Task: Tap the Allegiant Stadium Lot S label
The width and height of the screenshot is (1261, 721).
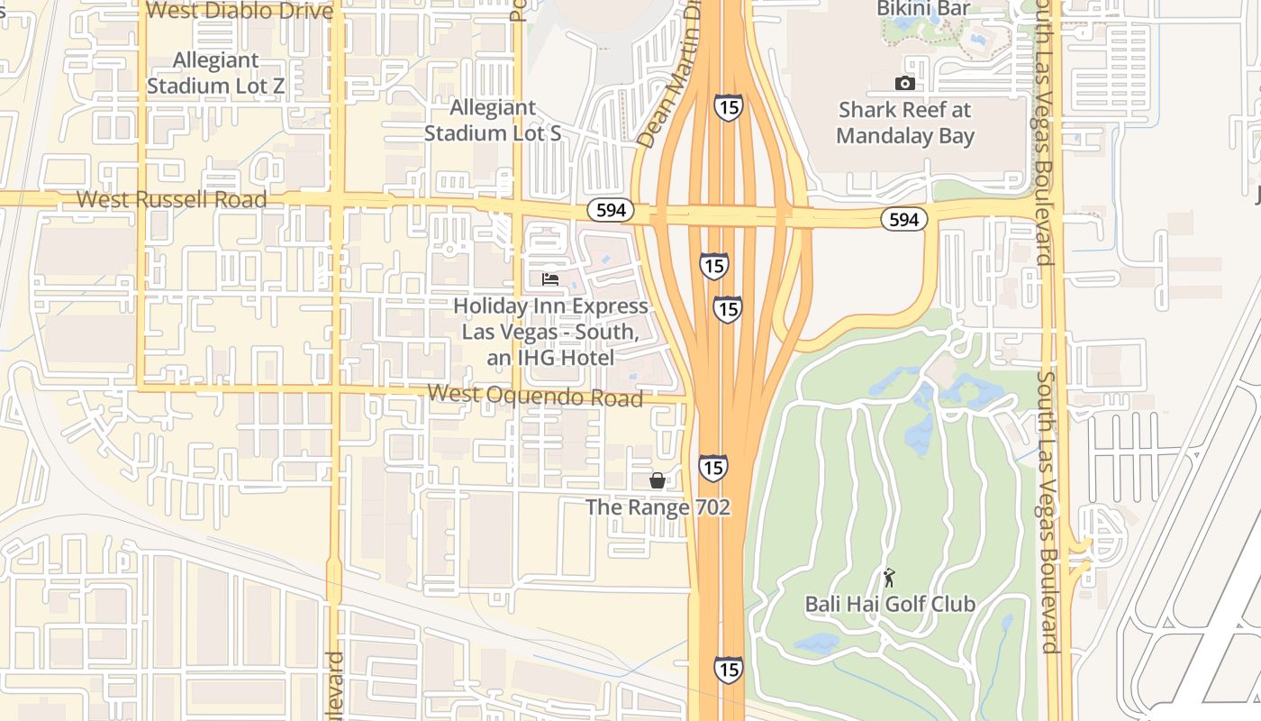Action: [492, 120]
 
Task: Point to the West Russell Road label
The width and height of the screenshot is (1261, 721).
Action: [171, 199]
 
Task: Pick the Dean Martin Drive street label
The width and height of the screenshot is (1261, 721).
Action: [667, 77]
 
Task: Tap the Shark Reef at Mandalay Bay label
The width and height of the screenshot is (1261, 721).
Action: [905, 123]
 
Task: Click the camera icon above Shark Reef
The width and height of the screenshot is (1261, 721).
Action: [905, 84]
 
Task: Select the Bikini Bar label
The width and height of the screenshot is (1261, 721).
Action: [923, 9]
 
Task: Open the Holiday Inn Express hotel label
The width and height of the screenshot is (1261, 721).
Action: [550, 332]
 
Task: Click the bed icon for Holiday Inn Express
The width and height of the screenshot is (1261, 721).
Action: [550, 279]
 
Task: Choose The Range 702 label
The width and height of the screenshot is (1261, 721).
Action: [658, 507]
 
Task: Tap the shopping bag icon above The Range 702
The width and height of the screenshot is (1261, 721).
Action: [658, 480]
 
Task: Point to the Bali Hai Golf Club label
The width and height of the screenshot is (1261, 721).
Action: [890, 604]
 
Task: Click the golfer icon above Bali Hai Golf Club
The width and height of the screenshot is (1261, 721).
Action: [890, 578]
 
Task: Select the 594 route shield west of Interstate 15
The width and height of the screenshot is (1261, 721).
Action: [611, 211]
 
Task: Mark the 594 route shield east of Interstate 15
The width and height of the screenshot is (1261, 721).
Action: [903, 219]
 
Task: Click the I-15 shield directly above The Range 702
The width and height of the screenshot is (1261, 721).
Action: [712, 468]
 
